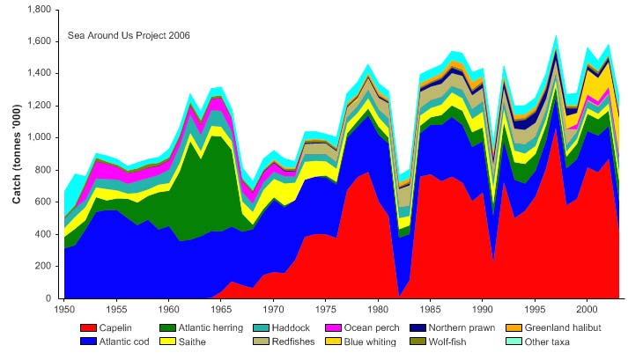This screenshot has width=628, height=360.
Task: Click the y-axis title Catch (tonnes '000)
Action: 17,154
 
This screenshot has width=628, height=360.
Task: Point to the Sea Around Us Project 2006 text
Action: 129,35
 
